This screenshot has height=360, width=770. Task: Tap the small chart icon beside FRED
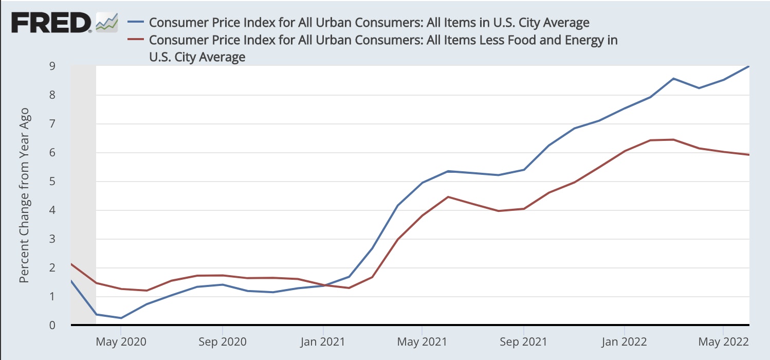point(107,22)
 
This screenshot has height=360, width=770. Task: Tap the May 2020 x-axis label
point(121,341)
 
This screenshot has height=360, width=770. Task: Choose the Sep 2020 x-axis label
point(222,341)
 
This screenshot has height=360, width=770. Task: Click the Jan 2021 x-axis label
point(323,341)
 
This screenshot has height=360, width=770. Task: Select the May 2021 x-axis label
point(421,341)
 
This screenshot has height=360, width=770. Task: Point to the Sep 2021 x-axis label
point(523,341)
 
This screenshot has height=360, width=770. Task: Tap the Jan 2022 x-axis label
point(624,341)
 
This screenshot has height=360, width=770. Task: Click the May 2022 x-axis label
point(723,341)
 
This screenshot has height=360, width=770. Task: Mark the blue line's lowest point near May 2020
point(121,318)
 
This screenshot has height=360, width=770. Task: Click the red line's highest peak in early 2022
point(673,139)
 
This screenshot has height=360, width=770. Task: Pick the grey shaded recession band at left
point(83,195)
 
